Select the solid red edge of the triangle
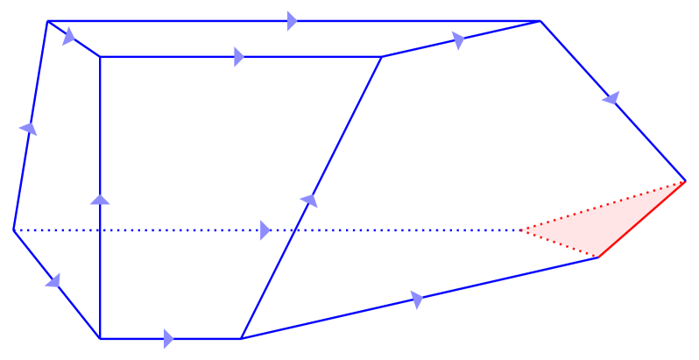pyautogui.click(x=641, y=220)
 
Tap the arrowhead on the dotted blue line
pyautogui.click(x=265, y=230)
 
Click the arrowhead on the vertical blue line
pyautogui.click(x=101, y=200)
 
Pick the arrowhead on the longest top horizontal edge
pyautogui.click(x=292, y=21)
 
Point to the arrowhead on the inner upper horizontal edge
pyautogui.click(x=239, y=57)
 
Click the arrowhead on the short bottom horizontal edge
pyautogui.click(x=168, y=338)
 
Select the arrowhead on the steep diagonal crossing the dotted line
pyautogui.click(x=308, y=201)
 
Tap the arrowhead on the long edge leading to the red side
pyautogui.click(x=416, y=300)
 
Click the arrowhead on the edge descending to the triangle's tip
pyautogui.click(x=611, y=99)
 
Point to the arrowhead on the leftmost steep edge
pyautogui.click(x=29, y=129)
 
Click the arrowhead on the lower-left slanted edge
pyautogui.click(x=53, y=280)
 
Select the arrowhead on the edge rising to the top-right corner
pyautogui.click(x=458, y=39)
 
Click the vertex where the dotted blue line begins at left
pyautogui.click(x=13, y=230)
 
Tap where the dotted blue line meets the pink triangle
pyautogui.click(x=521, y=230)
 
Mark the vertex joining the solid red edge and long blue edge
pyautogui.click(x=597, y=258)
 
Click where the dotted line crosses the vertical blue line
pyautogui.click(x=101, y=230)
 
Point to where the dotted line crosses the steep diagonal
pyautogui.click(x=294, y=230)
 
